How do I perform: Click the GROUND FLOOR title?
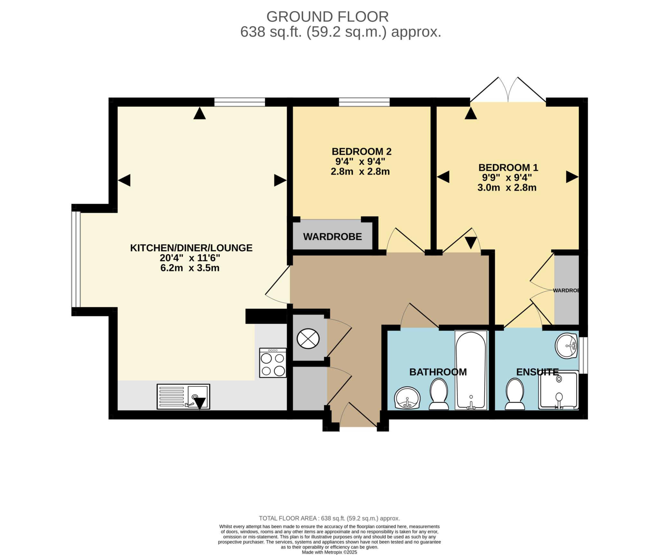click(327, 17)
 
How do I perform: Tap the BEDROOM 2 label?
click(361, 151)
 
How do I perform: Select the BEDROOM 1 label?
click(508, 167)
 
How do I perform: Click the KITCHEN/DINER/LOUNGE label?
click(191, 248)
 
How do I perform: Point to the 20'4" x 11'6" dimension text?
click(190, 258)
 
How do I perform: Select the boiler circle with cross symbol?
click(308, 338)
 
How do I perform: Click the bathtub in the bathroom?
click(471, 371)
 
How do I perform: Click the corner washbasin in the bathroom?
click(407, 398)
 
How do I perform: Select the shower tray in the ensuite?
click(559, 390)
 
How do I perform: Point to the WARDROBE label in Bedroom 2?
click(332, 237)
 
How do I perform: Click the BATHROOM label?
click(438, 372)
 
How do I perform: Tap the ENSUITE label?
click(537, 372)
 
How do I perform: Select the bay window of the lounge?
click(76, 259)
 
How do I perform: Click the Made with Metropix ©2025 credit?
click(329, 552)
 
